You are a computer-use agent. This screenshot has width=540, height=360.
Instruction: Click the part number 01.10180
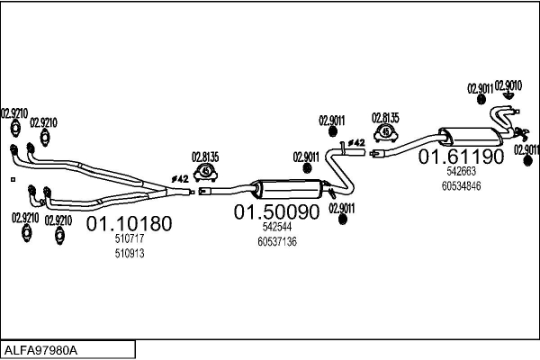point(128,223)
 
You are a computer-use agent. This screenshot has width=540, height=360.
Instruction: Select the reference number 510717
point(130,239)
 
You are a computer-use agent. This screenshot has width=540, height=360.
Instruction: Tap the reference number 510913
point(130,254)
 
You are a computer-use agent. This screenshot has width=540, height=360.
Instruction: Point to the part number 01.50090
point(277,213)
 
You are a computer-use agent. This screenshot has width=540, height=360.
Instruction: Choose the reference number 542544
point(276,229)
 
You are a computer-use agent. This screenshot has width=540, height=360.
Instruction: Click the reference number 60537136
point(277,242)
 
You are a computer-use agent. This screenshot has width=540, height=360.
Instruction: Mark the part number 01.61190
point(460,157)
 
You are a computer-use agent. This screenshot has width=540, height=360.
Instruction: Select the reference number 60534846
point(462,185)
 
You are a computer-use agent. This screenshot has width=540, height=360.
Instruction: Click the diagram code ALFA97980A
point(41,349)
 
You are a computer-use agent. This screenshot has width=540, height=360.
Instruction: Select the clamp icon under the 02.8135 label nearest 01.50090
point(206,171)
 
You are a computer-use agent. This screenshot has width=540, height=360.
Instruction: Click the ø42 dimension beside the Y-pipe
point(180,179)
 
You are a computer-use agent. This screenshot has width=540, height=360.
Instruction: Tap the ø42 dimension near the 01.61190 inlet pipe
point(355,142)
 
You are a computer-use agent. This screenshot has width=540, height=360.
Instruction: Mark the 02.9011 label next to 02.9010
point(480,88)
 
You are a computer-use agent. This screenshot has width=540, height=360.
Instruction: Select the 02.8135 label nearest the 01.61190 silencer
point(386,118)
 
